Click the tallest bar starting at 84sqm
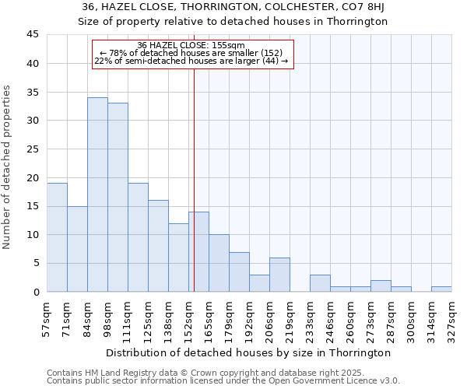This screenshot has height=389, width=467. [x=97, y=194]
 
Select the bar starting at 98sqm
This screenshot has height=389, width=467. [x=118, y=198]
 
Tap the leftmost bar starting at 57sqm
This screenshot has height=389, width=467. [x=57, y=237]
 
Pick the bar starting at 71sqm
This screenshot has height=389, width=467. [x=77, y=249]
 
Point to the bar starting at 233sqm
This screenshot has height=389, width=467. [x=320, y=283]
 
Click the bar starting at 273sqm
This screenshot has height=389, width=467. [x=381, y=286]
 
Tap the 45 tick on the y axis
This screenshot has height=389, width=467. [x=33, y=35]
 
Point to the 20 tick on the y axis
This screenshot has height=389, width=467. [x=33, y=177]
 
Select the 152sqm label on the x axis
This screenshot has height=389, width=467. [x=189, y=318]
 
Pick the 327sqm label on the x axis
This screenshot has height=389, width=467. [x=452, y=318]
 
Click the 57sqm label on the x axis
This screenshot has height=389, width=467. [x=47, y=317]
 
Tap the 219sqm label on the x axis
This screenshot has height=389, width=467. [x=290, y=318]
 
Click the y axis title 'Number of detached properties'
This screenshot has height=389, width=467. [x=8, y=167]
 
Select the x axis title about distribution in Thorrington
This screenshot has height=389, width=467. [x=249, y=352]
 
